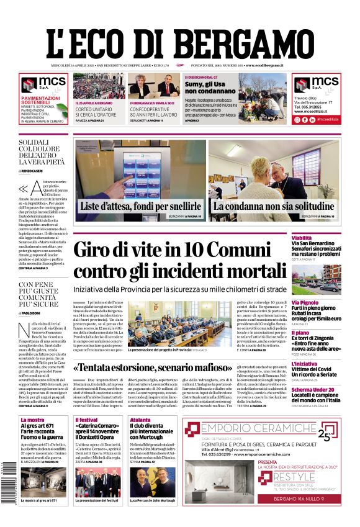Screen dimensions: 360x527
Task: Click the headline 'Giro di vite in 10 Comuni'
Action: pyautogui.click(x=186, y=250)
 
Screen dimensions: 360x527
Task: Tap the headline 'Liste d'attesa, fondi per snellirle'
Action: pyautogui.click(x=140, y=206)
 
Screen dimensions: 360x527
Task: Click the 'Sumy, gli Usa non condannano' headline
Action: pyautogui.click(x=210, y=86)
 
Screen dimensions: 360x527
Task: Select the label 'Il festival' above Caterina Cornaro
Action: pyautogui.click(x=86, y=420)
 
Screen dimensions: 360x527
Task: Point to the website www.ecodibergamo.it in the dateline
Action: pyautogui.click(x=264, y=65)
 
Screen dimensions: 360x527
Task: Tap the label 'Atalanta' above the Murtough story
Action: pyautogui.click(x=140, y=420)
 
